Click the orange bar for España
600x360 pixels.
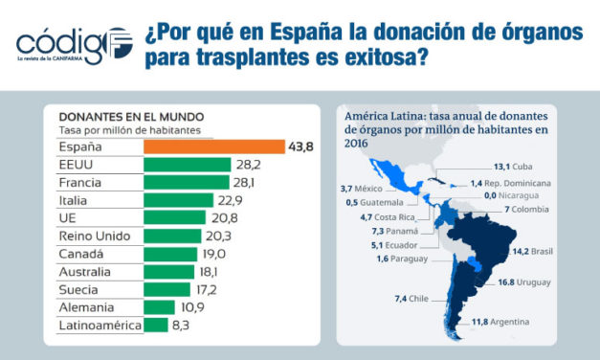[x=214, y=146]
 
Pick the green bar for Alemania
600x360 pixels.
[x=159, y=307]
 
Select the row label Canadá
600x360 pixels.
[x=80, y=254]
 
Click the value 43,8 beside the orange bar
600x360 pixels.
[x=302, y=146]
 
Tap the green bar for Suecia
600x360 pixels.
[x=167, y=289]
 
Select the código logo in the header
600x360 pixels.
[x=71, y=43]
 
